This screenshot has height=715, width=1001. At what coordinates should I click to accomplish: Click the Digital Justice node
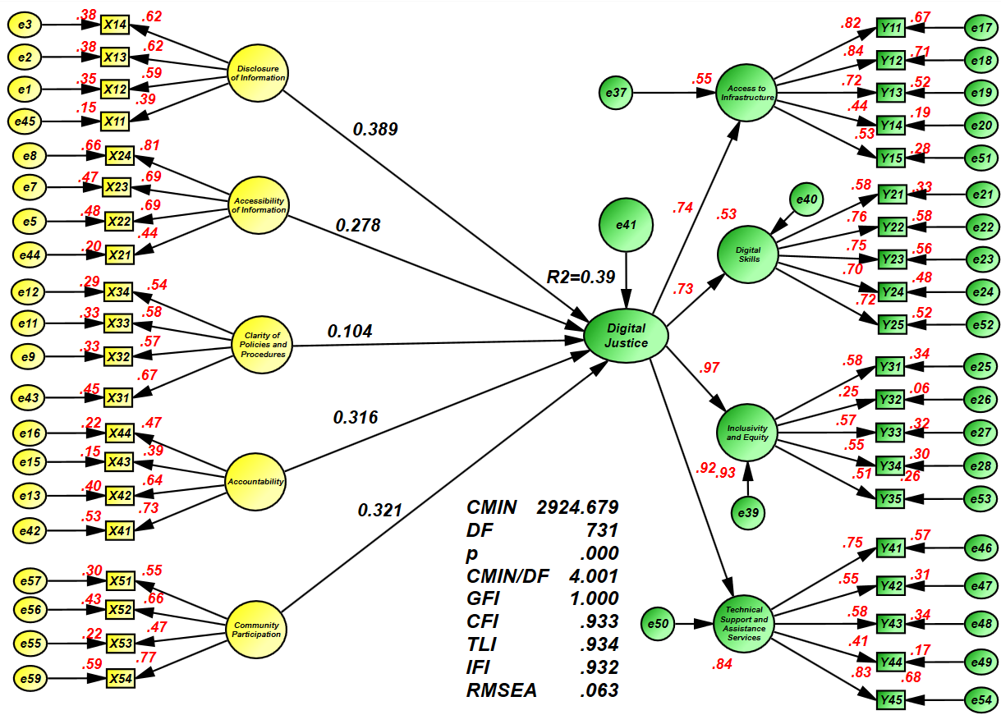[x=627, y=336]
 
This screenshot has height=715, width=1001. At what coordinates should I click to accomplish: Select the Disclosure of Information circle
[x=258, y=73]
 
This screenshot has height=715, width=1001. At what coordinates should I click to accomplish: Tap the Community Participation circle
[x=257, y=630]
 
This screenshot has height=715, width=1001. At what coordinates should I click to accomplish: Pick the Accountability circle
[x=257, y=481]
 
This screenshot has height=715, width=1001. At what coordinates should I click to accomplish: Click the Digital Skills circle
[x=747, y=255]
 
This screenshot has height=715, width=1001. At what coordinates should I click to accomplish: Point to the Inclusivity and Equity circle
[x=747, y=433]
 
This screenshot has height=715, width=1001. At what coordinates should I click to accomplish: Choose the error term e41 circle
[x=627, y=223]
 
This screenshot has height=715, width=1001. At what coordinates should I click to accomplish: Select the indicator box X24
[x=118, y=154]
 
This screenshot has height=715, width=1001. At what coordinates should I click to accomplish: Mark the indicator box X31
[x=118, y=398]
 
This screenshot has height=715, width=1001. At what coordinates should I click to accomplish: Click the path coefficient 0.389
[x=375, y=129]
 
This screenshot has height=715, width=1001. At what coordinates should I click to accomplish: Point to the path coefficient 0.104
[x=350, y=332]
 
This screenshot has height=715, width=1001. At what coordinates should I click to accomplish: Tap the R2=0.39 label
[x=581, y=277]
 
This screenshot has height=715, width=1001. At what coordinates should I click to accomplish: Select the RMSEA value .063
[x=599, y=690]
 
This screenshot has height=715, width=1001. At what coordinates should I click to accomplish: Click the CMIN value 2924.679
[x=577, y=506]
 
